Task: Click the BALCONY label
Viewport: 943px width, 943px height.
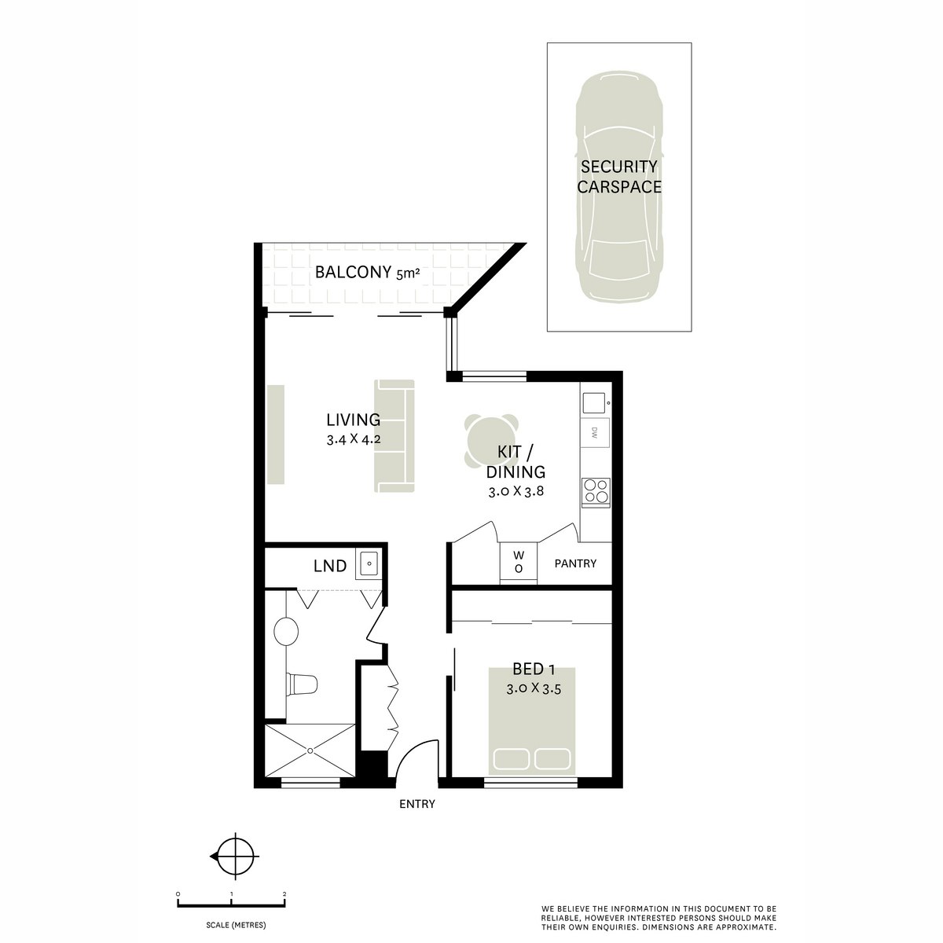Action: click(353, 273)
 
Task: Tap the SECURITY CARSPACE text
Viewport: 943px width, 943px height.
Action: click(618, 177)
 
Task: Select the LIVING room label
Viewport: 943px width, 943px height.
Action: click(354, 420)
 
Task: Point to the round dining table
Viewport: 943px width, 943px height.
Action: click(490, 440)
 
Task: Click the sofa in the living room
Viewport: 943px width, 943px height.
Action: click(394, 436)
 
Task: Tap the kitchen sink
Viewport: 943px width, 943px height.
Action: click(593, 402)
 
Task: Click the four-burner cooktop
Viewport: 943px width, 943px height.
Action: click(594, 491)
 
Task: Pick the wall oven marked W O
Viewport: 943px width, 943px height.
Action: click(519, 561)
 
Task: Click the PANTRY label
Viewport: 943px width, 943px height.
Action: click(575, 563)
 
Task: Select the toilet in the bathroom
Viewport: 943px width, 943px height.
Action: click(300, 684)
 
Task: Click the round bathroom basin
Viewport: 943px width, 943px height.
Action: click(287, 630)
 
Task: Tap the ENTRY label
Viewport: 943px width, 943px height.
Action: click(416, 804)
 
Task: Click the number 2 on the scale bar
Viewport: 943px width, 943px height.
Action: click(284, 894)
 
